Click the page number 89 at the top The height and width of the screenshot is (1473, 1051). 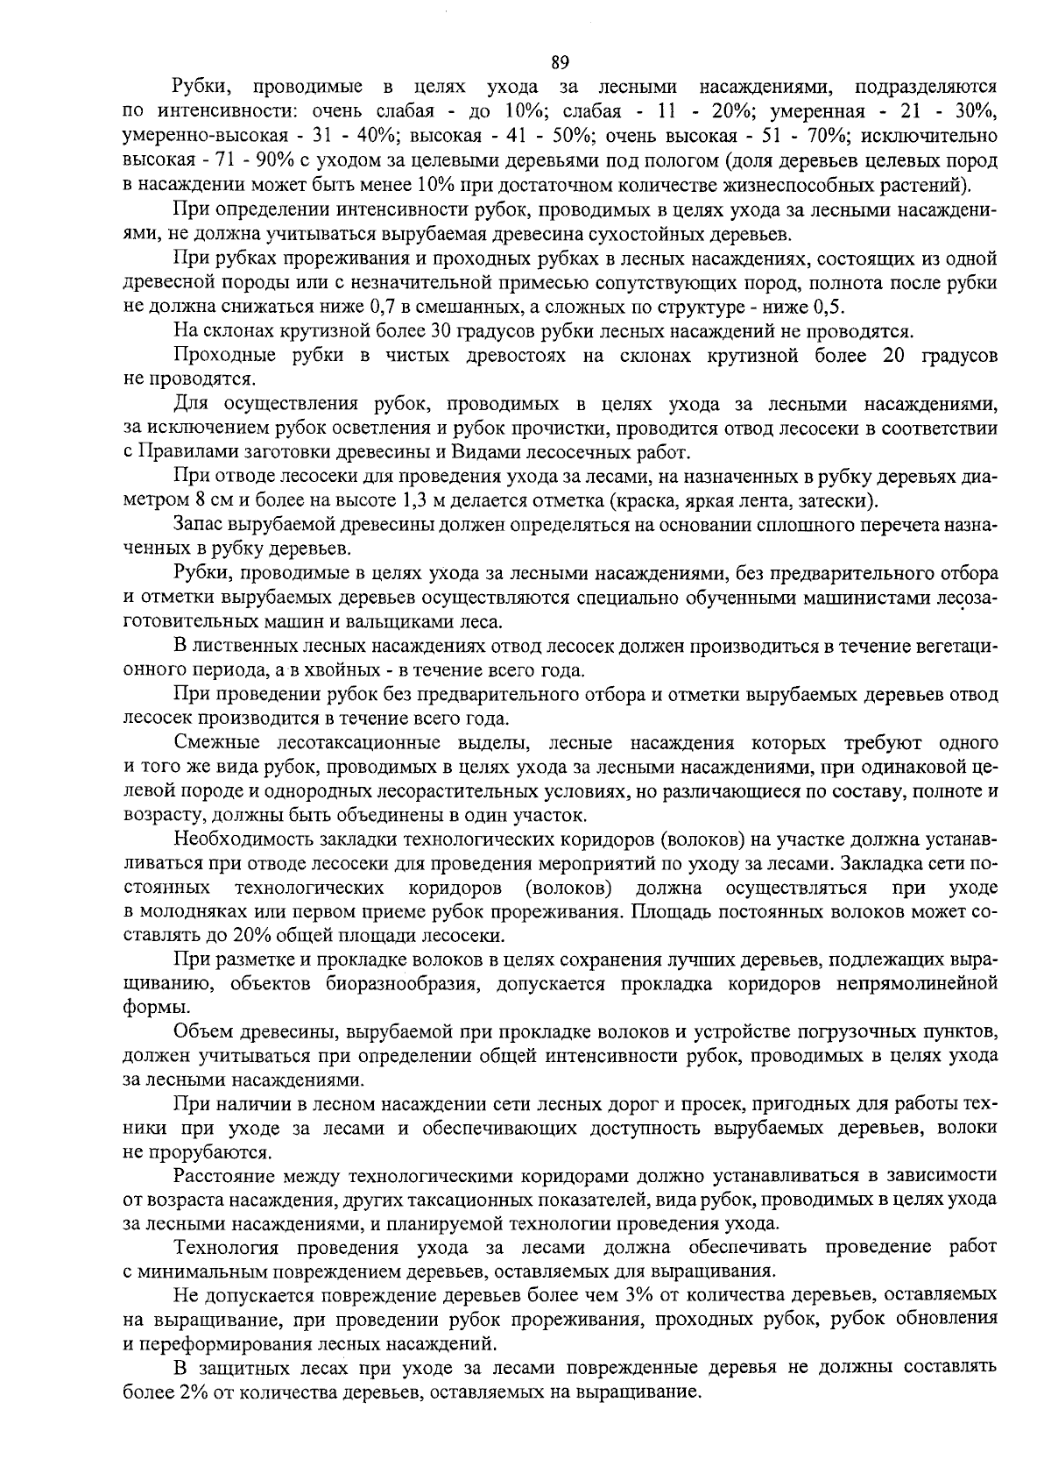tap(561, 61)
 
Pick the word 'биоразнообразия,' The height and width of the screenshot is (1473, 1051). tap(404, 984)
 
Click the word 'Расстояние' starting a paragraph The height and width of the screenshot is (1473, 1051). tap(224, 1175)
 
